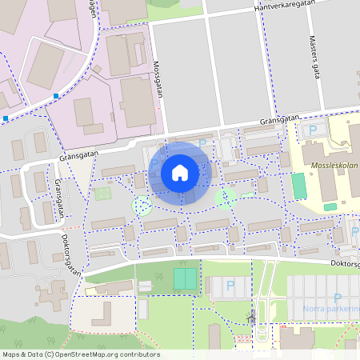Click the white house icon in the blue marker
(180, 173)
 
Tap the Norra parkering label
(332, 308)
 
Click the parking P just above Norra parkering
(337, 297)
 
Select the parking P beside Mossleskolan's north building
(313, 130)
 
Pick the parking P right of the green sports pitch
(230, 284)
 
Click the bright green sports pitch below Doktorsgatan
(186, 278)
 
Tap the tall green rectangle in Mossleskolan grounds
(298, 186)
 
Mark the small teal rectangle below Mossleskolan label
(330, 206)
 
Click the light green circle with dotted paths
(142, 206)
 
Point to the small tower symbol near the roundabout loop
(251, 318)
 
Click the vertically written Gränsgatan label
(59, 199)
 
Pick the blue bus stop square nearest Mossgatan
(55, 97)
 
